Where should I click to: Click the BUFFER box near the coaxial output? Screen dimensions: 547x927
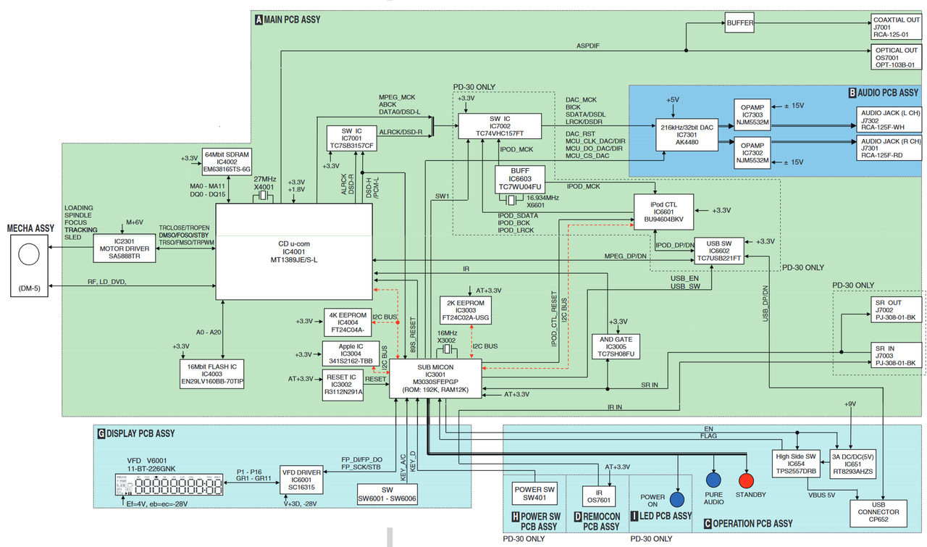tap(739, 23)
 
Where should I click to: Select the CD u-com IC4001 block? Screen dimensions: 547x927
tap(294, 251)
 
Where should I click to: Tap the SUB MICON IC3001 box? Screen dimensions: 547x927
tap(433, 378)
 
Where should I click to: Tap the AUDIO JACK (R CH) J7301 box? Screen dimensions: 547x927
tap(890, 148)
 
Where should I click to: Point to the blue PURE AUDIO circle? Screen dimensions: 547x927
tap(714, 480)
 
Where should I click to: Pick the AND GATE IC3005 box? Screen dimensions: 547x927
tap(616, 346)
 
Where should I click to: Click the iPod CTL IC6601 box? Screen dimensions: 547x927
tap(663, 212)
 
